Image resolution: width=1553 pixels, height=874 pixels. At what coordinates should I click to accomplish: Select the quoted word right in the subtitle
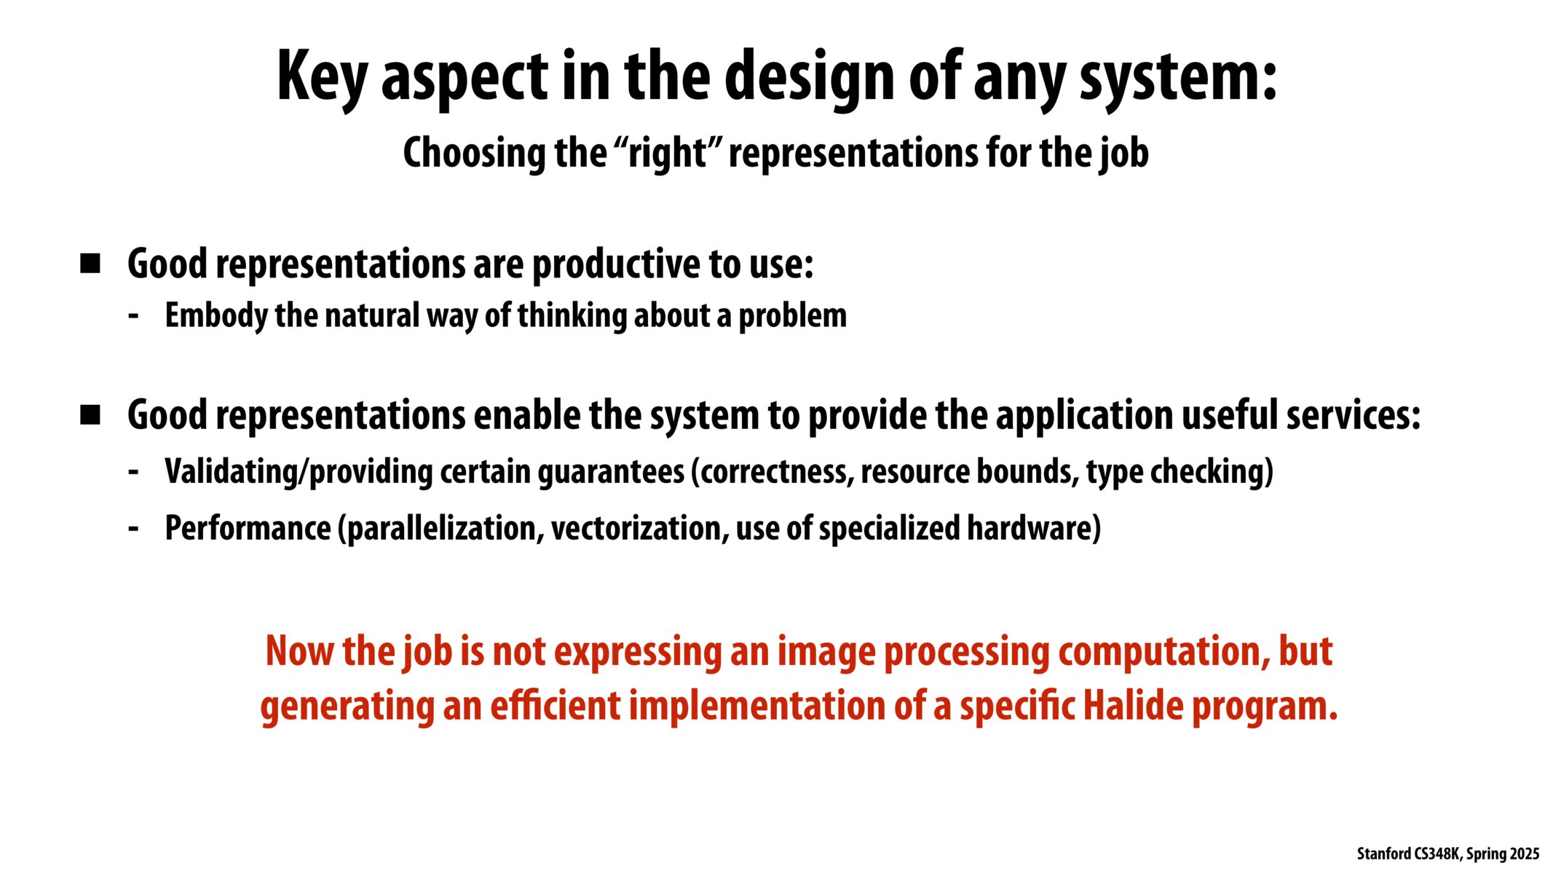coord(668,154)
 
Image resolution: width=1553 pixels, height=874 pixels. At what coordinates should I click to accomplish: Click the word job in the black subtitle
coord(1125,154)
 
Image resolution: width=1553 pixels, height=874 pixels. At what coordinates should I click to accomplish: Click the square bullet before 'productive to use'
coord(90,264)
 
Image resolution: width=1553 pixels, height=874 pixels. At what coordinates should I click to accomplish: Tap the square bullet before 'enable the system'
coord(90,415)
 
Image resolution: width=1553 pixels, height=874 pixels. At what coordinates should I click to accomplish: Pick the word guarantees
coord(611,472)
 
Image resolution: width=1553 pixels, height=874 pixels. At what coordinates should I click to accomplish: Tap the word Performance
coord(248,528)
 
